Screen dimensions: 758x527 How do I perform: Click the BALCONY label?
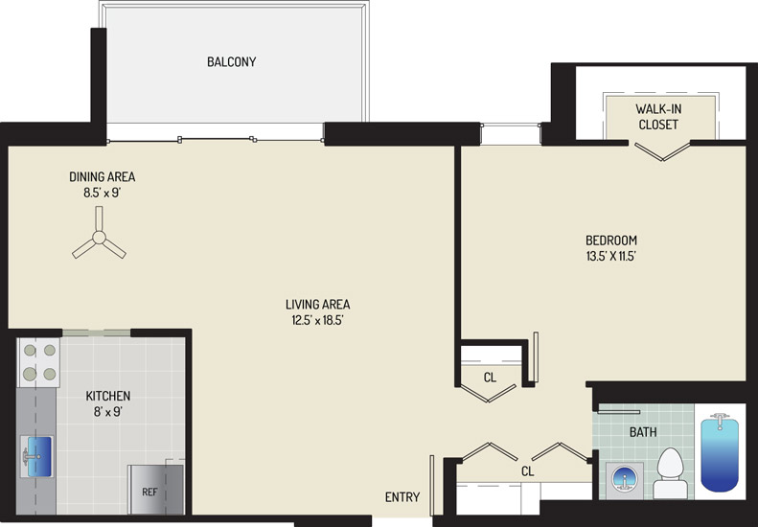(232, 62)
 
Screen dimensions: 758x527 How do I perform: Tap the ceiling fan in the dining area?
(99, 238)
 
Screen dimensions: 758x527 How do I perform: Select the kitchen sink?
(36, 456)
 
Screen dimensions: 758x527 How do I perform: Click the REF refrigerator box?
(155, 490)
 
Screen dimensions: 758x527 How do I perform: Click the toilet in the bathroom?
(670, 472)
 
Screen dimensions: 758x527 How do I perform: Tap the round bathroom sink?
(625, 480)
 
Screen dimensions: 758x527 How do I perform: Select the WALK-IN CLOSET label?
(658, 117)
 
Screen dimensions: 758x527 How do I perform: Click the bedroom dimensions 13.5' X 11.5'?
(610, 256)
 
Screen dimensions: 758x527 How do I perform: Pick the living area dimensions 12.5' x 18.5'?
(317, 321)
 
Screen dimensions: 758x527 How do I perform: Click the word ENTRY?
(402, 497)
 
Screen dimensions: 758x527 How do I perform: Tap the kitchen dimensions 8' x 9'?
(107, 412)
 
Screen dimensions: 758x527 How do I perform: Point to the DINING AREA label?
(102, 177)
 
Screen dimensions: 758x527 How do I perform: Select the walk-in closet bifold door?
(661, 150)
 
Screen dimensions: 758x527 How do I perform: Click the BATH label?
(643, 432)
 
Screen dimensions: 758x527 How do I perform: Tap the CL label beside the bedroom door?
(490, 378)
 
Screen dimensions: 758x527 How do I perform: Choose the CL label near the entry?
(527, 470)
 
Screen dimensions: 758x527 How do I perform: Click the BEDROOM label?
(611, 241)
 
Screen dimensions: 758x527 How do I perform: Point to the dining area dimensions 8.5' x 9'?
(102, 193)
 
